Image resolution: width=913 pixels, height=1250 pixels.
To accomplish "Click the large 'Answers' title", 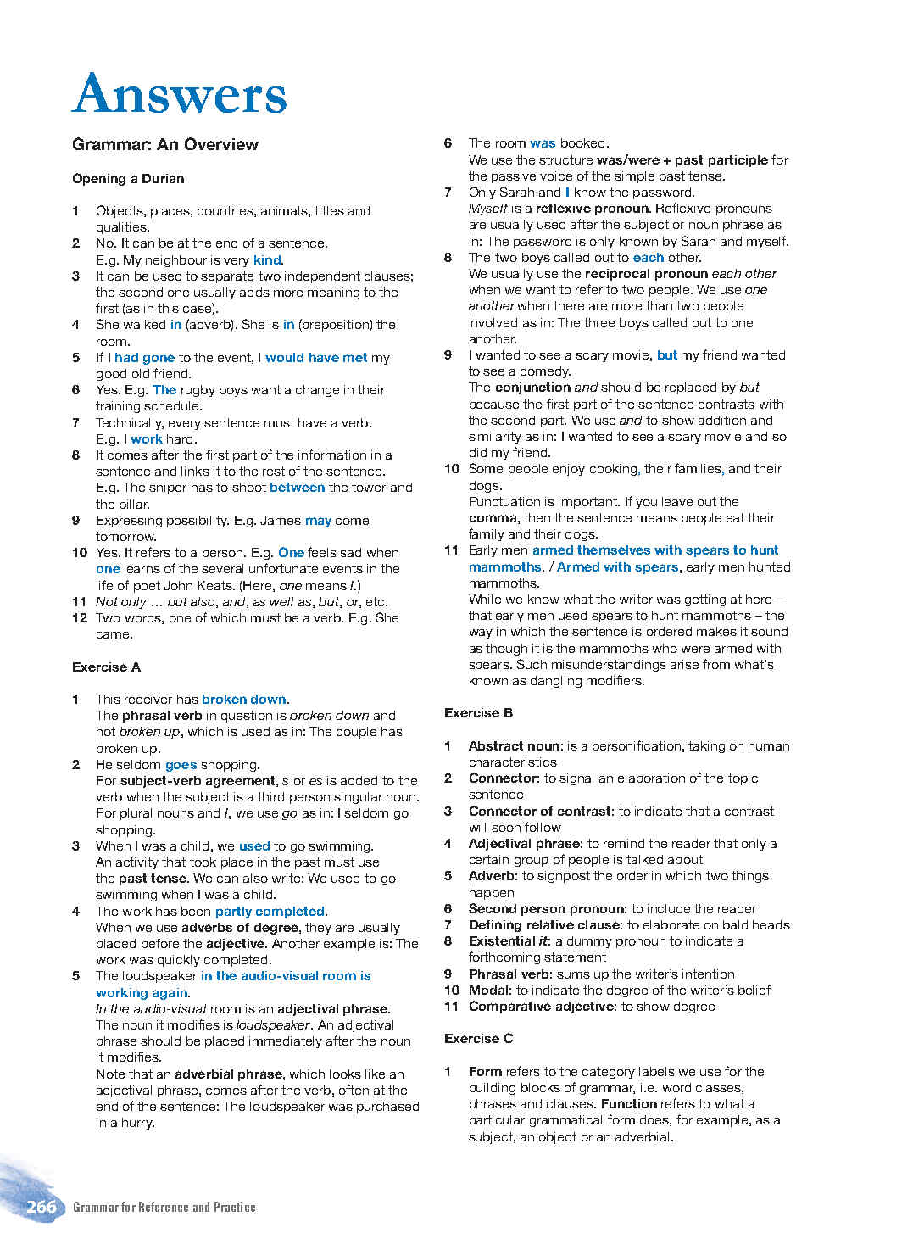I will [180, 94].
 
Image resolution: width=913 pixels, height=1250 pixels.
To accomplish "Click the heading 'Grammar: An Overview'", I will [165, 144].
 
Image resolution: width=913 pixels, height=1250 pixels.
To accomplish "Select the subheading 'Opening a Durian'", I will [128, 179].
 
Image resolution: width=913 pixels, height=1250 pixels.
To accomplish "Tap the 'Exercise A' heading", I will [106, 667].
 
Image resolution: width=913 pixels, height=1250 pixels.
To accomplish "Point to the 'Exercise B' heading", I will [478, 713].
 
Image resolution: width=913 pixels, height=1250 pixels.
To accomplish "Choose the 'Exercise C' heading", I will [478, 1039].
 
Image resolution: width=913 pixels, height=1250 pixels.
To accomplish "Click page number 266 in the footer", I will [41, 1207].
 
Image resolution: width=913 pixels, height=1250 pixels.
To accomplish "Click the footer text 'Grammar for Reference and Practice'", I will [164, 1207].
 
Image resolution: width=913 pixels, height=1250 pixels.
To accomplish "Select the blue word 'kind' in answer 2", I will [266, 260].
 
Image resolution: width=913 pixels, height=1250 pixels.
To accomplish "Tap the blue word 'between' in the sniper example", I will [297, 488].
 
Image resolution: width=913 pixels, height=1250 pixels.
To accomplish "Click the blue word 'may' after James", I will [318, 521].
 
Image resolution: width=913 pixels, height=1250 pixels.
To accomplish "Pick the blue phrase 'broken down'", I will [244, 700].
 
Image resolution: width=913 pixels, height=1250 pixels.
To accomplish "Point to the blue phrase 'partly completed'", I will [270, 912].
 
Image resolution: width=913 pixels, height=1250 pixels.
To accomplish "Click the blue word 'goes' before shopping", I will [181, 765].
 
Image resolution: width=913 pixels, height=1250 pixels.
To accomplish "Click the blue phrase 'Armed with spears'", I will [617, 567].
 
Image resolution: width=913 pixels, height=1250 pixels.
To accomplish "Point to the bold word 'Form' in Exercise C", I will [485, 1072].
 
